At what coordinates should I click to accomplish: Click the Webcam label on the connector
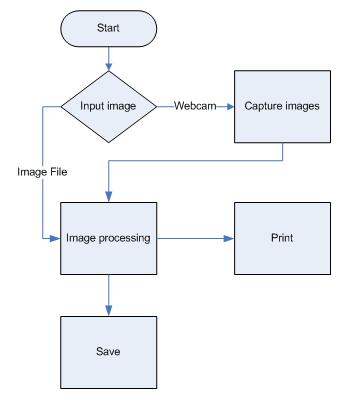[191, 105]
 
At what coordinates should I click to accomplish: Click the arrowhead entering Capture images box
[228, 105]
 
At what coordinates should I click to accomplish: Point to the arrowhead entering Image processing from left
[57, 239]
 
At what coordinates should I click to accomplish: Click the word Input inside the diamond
[90, 105]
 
